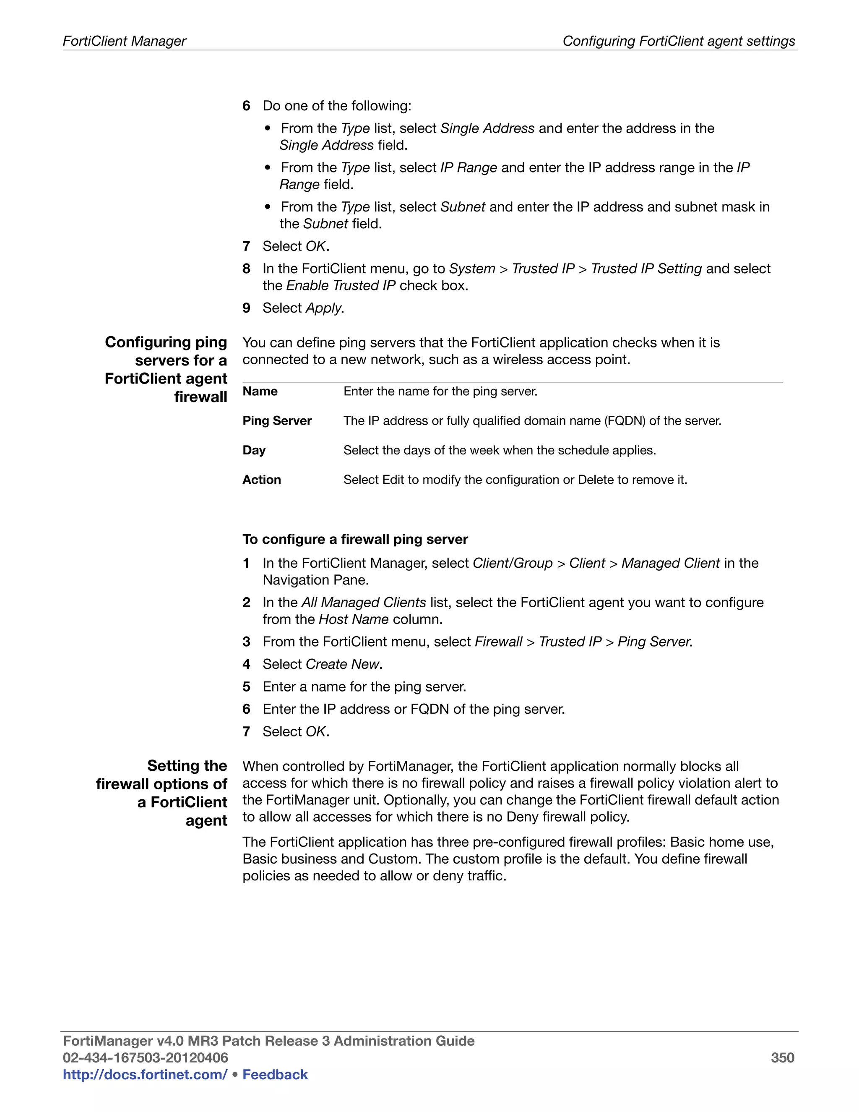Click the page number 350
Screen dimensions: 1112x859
tap(782, 1057)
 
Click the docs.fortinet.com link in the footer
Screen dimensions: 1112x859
tap(145, 1074)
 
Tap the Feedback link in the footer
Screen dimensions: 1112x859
tap(275, 1074)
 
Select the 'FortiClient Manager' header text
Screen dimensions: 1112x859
tap(125, 41)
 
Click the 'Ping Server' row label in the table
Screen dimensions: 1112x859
tap(277, 420)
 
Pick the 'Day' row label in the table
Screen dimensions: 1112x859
tap(254, 450)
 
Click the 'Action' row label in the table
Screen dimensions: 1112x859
tap(262, 480)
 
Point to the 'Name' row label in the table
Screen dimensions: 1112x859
tap(260, 391)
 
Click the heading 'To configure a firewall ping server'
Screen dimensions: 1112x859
tap(355, 539)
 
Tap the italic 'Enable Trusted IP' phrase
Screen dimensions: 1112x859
tap(341, 286)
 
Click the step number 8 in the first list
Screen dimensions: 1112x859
tap(246, 269)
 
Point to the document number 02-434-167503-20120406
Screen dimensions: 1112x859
tap(145, 1057)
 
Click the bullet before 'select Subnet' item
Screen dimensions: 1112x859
tap(268, 207)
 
